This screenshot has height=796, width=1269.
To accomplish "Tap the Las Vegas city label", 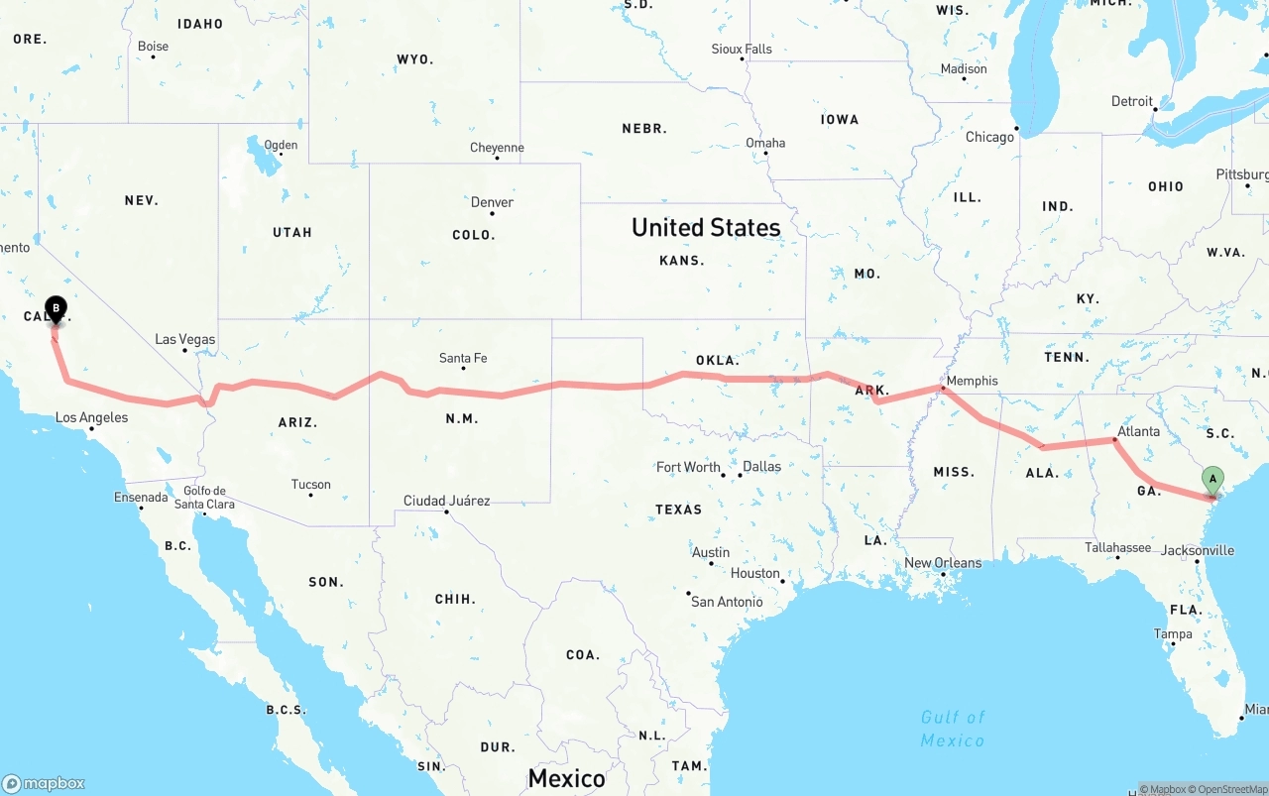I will tap(184, 339).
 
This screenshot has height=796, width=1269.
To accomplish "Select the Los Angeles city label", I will tap(91, 417).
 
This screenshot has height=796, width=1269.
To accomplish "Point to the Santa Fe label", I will tap(463, 358).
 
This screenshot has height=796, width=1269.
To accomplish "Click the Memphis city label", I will tap(972, 381).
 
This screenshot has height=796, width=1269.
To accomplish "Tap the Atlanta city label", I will tap(1138, 431).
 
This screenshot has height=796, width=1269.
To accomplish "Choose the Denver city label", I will tap(492, 202).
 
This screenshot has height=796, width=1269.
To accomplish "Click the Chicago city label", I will tap(989, 137).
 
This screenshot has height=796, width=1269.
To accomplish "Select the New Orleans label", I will tap(942, 563).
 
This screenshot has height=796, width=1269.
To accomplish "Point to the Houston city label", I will tap(755, 573).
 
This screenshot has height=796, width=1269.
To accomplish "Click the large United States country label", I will tap(706, 227).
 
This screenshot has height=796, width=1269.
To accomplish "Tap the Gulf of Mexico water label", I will tap(953, 729).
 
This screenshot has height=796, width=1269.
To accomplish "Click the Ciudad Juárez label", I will tap(446, 501).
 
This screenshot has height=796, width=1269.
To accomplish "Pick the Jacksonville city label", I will tap(1198, 550).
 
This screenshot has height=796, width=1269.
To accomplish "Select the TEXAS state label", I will tap(678, 510).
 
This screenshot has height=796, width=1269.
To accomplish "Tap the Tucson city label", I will tap(310, 485).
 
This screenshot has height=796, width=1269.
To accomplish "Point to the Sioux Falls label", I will tap(742, 49).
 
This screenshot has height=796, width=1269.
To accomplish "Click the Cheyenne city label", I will tap(497, 148).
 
